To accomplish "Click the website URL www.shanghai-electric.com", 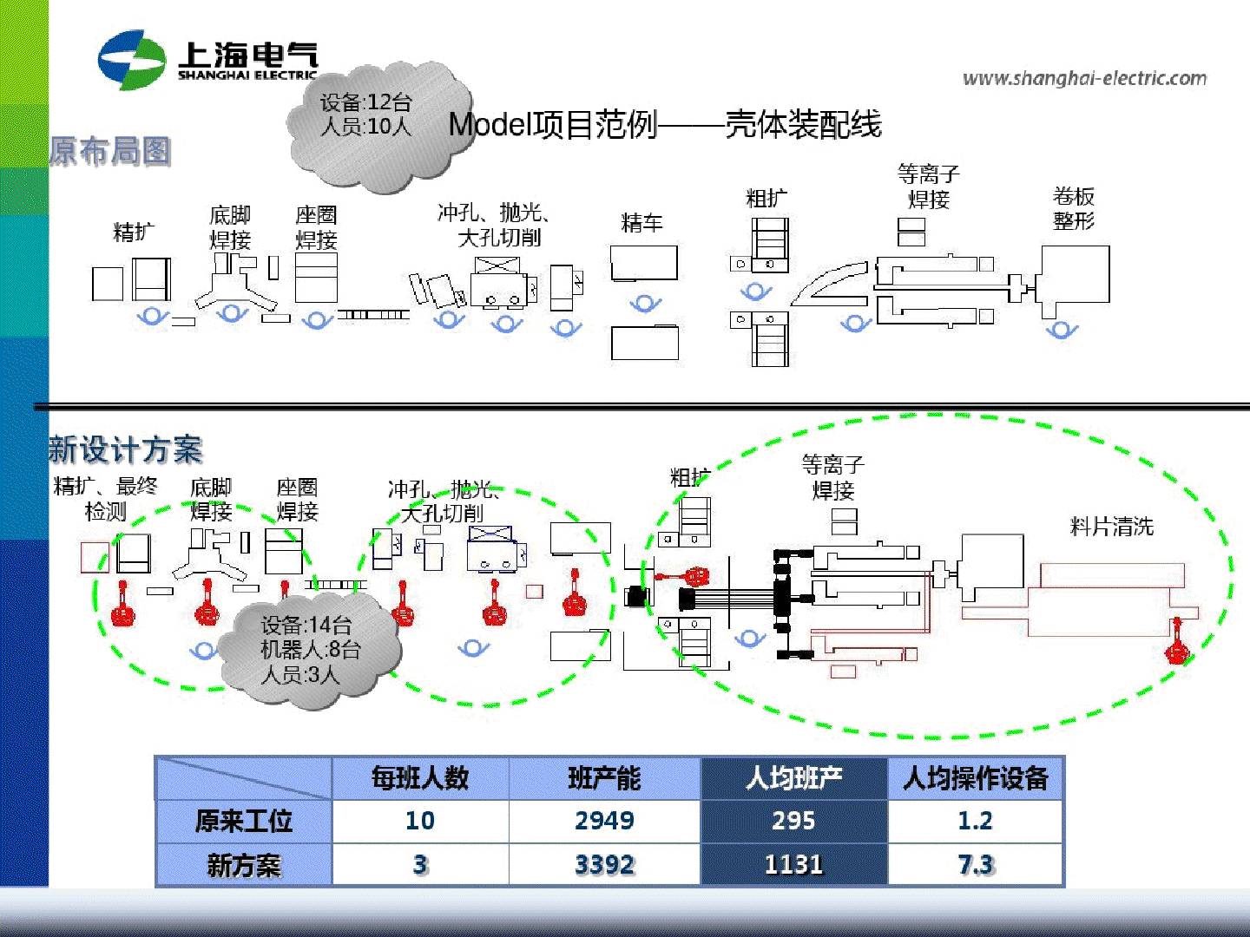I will [x=1084, y=79].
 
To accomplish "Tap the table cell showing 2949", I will [x=604, y=821].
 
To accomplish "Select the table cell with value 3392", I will [x=604, y=865].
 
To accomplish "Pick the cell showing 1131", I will [x=793, y=865].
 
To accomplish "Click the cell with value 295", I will [x=793, y=821].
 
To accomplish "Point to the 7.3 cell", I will [x=975, y=865].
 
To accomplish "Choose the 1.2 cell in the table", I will [x=975, y=821].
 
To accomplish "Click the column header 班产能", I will [x=604, y=778].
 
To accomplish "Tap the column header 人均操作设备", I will [x=975, y=778].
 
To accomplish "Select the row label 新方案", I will [x=244, y=865].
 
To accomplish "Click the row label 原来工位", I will [x=244, y=821].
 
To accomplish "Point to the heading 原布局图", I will [x=109, y=152].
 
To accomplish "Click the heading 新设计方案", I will [x=125, y=449].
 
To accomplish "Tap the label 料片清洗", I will [x=1111, y=527].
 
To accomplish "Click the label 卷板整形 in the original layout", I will [x=1074, y=208].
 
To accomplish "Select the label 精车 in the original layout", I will [x=641, y=224].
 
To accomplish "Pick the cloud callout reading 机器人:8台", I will [x=309, y=650].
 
